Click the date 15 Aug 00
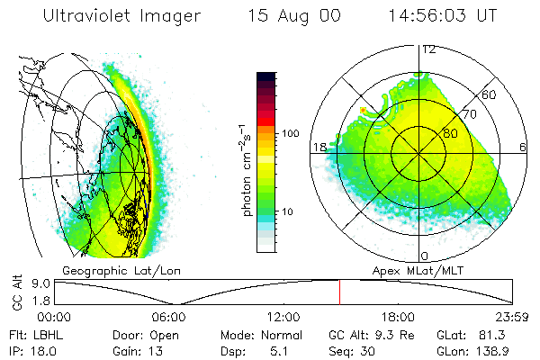(289, 15)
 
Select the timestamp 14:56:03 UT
(442, 15)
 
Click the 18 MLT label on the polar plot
(319, 147)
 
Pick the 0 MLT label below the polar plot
(425, 256)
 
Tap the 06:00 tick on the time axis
(168, 317)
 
